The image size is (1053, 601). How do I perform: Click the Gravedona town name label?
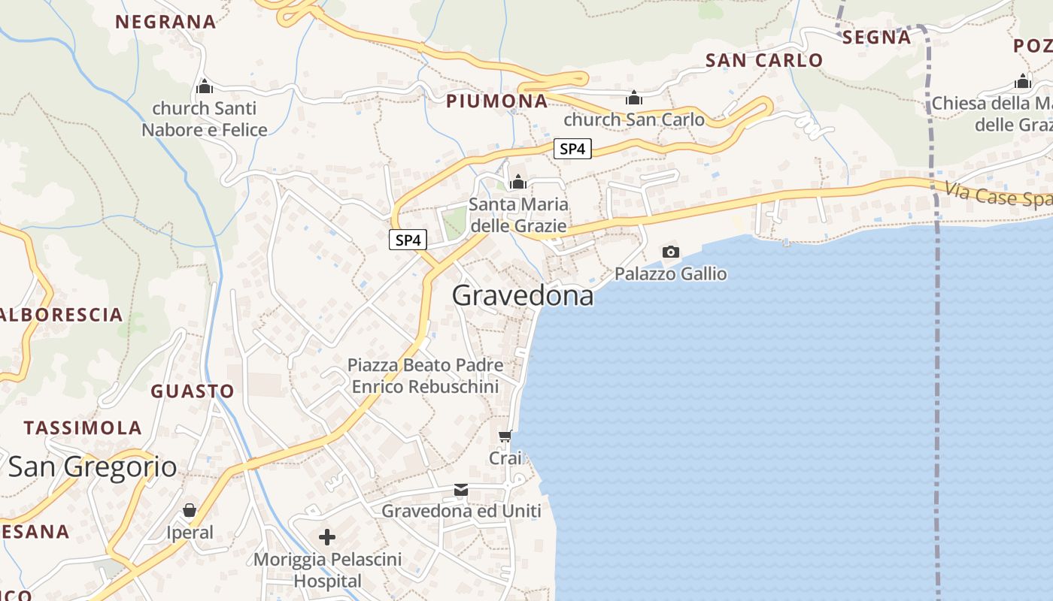[523, 295]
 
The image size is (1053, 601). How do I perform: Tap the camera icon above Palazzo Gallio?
[670, 252]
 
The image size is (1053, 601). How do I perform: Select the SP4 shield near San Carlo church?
[572, 149]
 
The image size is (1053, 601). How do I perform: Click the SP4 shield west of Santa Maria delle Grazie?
[408, 240]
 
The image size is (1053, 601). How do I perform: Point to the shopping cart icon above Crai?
[505, 436]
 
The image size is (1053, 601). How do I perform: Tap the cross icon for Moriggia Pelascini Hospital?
[327, 537]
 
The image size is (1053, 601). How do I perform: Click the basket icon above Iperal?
[190, 511]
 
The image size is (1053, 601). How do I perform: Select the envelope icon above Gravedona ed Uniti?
[461, 490]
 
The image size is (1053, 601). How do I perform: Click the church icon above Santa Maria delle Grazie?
[517, 182]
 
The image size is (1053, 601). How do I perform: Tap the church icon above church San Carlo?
[634, 98]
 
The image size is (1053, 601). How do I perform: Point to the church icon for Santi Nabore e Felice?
[204, 87]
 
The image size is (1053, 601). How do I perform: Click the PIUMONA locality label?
[497, 101]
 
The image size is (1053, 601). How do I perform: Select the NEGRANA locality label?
[165, 22]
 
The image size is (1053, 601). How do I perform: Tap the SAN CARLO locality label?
[764, 60]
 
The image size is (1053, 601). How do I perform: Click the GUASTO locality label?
[193, 391]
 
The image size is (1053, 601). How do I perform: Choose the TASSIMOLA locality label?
[83, 427]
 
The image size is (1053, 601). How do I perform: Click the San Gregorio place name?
[93, 467]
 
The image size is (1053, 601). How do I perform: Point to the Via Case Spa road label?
[997, 196]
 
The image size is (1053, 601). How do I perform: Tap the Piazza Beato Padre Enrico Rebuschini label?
[425, 376]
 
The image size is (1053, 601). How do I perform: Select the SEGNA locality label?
[876, 37]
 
